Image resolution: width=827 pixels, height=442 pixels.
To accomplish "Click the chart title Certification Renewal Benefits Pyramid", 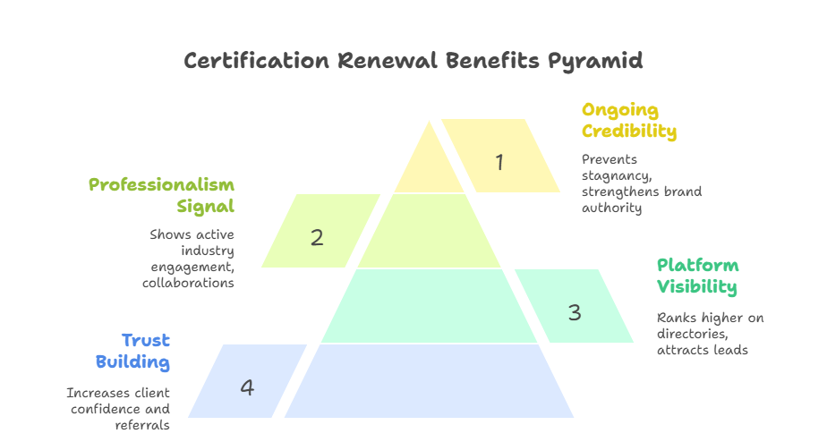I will (413, 61).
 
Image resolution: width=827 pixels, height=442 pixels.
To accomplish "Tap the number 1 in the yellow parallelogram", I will (499, 162).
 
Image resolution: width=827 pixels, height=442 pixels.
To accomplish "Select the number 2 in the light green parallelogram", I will (317, 237).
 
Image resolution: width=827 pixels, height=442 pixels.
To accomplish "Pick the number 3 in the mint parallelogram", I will (575, 312).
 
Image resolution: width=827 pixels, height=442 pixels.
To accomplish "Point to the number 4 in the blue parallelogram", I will (247, 387).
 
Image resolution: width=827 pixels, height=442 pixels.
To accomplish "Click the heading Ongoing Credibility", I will (628, 121).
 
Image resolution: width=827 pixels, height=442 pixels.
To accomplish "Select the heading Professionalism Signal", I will (162, 195).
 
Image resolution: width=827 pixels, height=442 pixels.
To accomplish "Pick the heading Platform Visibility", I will (697, 276).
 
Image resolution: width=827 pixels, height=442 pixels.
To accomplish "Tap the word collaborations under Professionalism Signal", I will (188, 283).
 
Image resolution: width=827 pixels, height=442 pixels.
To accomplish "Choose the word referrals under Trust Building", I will (142, 425).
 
